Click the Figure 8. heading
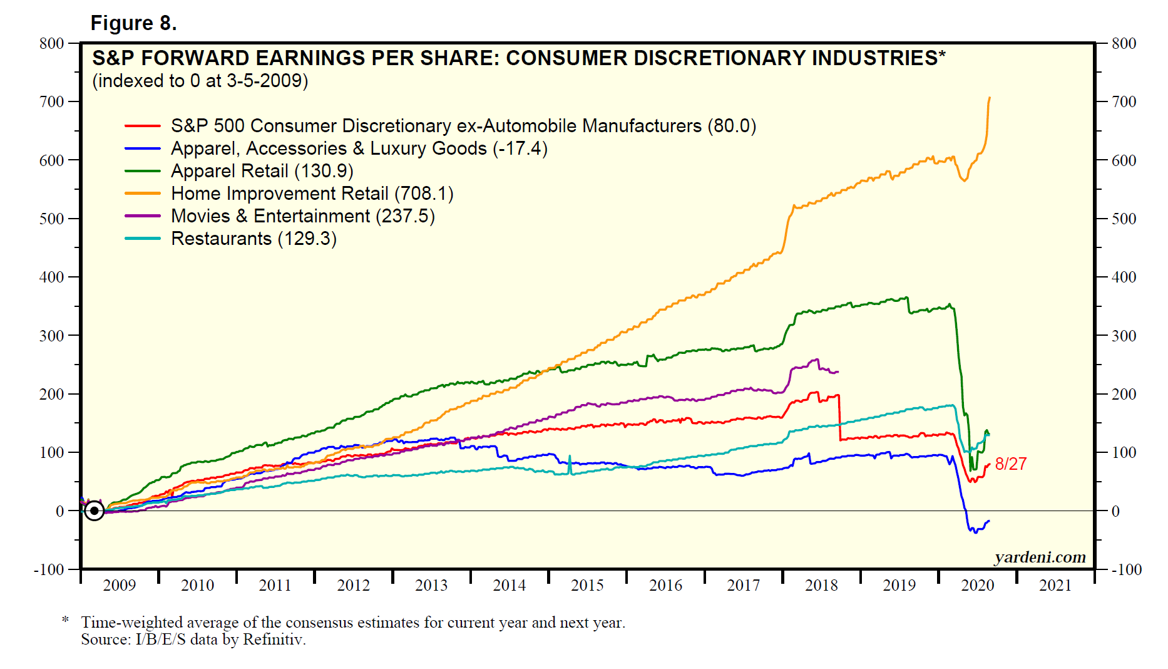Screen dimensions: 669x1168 [133, 23]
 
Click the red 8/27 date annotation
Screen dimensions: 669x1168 [1011, 464]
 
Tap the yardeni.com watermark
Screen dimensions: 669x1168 [1040, 557]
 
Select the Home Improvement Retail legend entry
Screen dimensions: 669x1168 [312, 194]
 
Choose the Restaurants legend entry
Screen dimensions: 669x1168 [254, 239]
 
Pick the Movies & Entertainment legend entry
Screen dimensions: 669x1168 [302, 216]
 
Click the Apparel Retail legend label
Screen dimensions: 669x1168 [262, 171]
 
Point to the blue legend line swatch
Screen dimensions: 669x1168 [143, 149]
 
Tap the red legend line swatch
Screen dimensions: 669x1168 [143, 127]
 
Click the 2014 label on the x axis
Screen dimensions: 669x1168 [509, 585]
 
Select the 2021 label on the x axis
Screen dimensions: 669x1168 [1055, 585]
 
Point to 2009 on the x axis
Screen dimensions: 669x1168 [119, 585]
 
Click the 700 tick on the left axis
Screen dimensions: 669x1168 [51, 101]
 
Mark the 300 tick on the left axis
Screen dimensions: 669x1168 [51, 336]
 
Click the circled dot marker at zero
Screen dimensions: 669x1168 [94, 511]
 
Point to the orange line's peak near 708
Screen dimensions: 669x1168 [989, 98]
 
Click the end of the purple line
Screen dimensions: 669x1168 [838, 371]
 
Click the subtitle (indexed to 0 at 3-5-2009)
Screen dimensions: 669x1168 [200, 81]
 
